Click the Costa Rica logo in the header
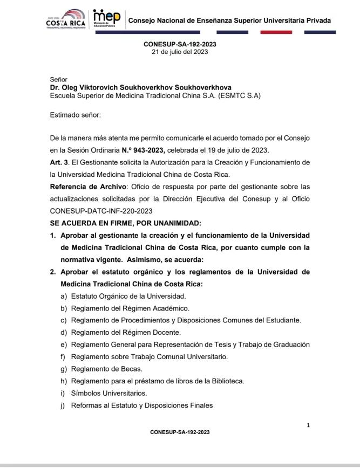[65, 21]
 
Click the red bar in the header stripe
[276, 32]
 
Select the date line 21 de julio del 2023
[180, 52]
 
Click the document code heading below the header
[180, 44]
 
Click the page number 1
[308, 425]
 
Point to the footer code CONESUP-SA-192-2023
[180, 432]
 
